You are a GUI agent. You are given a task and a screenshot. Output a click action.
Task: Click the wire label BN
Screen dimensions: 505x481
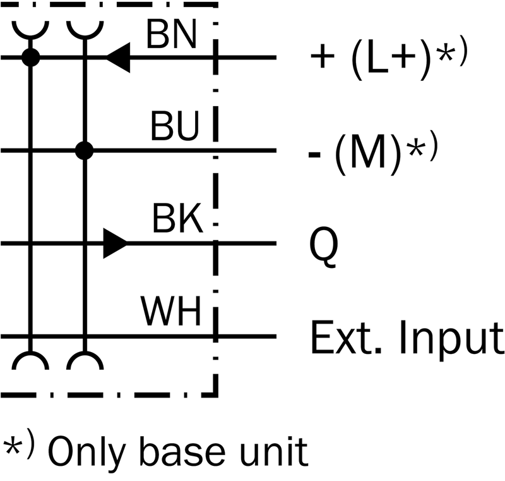pyautogui.click(x=171, y=34)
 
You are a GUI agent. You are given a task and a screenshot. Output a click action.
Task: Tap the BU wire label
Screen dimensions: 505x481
pyautogui.click(x=175, y=126)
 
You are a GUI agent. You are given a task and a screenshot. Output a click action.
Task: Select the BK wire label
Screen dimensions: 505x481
pyautogui.click(x=177, y=218)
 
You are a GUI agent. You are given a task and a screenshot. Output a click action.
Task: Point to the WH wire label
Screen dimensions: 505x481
pyautogui.click(x=170, y=311)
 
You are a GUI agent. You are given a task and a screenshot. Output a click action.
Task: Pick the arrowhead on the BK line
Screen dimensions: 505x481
pyautogui.click(x=116, y=243)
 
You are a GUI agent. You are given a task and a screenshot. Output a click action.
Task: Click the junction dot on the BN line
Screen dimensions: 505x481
pyautogui.click(x=30, y=58)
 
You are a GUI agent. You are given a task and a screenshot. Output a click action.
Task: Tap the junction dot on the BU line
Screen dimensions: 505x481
pyautogui.click(x=85, y=150)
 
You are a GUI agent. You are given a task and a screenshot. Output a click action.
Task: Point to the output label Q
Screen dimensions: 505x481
pyautogui.click(x=324, y=247)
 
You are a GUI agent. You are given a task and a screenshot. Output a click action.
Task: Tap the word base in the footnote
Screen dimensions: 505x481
pyautogui.click(x=182, y=452)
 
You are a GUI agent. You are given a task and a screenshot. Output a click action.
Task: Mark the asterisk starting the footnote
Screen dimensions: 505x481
pyautogui.click(x=12, y=446)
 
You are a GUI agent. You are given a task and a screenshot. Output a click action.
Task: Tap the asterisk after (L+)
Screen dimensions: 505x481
pyautogui.click(x=446, y=54)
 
